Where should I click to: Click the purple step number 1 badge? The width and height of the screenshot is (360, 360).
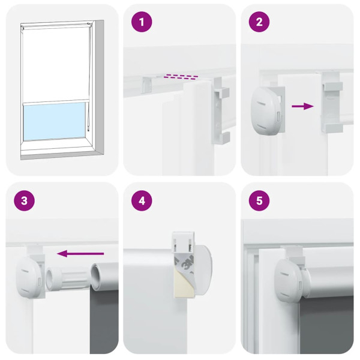point(142,23)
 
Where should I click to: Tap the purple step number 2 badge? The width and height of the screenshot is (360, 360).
point(260,23)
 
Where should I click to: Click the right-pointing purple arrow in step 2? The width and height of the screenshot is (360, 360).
point(302,106)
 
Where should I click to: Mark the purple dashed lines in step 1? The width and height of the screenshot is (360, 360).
point(181,77)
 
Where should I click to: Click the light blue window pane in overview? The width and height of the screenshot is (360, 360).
point(54,120)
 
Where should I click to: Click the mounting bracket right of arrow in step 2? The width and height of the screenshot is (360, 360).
point(331,105)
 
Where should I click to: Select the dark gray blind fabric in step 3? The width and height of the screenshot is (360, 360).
point(104,318)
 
